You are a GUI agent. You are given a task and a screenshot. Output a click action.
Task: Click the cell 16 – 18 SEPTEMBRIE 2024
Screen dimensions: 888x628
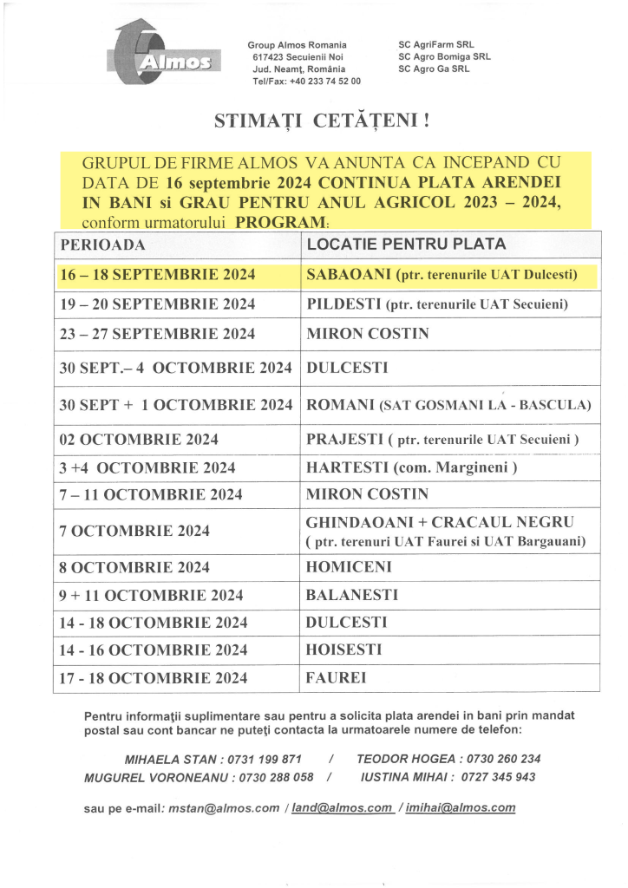pos(157,275)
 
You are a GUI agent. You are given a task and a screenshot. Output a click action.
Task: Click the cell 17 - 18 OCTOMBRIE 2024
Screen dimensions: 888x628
pos(153,678)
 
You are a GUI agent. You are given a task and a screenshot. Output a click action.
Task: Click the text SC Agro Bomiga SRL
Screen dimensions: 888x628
pos(443,56)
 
